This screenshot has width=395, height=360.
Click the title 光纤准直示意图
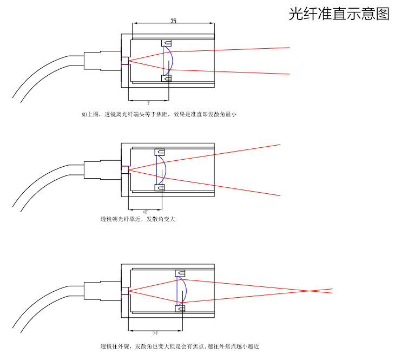pyautogui.click(x=339, y=14)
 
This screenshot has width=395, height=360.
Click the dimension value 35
pyautogui.click(x=173, y=21)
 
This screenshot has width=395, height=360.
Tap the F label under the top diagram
pyautogui.click(x=148, y=102)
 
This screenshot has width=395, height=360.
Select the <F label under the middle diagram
pyautogui.click(x=145, y=212)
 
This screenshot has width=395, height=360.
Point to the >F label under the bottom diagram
pyautogui.click(x=155, y=332)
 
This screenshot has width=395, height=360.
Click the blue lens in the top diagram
pyautogui.click(x=169, y=61)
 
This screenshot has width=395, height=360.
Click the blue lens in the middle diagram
pyautogui.click(x=161, y=170)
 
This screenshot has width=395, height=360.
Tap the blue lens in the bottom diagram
pyautogui.click(x=183, y=291)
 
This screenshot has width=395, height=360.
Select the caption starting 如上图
pyautogui.click(x=159, y=114)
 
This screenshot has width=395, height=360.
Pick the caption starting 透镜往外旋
pyautogui.click(x=183, y=346)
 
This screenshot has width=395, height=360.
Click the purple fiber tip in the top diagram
pyautogui.click(x=124, y=61)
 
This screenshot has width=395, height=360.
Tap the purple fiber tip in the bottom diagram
pyautogui.click(x=124, y=290)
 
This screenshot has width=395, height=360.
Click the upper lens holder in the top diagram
pyautogui.click(x=167, y=43)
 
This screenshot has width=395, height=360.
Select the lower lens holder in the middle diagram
pyautogui.click(x=160, y=188)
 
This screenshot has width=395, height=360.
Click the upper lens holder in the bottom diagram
pyautogui.click(x=180, y=273)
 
